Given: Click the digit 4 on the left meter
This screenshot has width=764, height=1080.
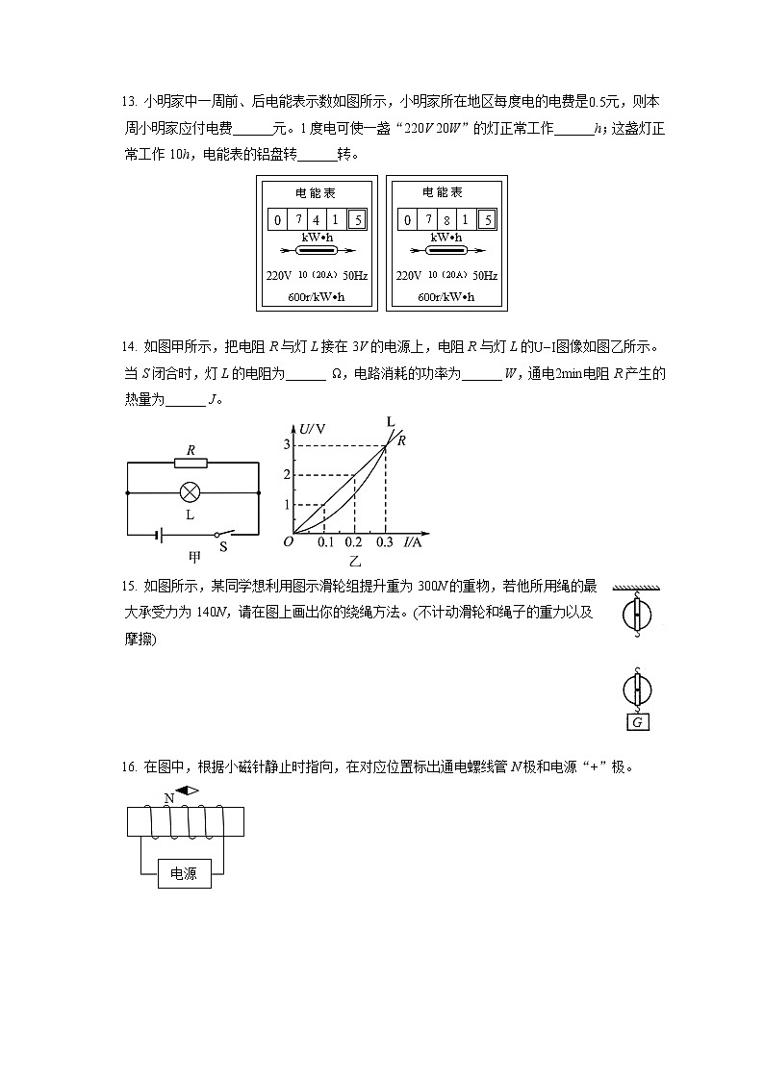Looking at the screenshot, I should click(x=315, y=219).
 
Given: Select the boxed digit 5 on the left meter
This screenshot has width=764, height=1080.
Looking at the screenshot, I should click(x=357, y=219).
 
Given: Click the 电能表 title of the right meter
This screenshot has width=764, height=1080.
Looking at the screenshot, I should click(x=446, y=193).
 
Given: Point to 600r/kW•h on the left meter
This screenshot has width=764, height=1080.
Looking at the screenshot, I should click(x=316, y=296).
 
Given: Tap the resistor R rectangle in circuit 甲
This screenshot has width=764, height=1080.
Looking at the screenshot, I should click(x=191, y=463).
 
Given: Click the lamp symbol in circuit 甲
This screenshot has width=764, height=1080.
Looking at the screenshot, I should click(x=191, y=492).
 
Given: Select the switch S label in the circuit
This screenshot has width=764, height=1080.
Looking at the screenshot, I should click(x=223, y=546).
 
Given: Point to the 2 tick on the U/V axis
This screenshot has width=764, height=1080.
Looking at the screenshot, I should click(x=286, y=475).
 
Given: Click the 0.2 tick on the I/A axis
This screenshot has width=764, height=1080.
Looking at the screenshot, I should click(x=354, y=543).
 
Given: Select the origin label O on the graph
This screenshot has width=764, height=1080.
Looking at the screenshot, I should click(x=287, y=542).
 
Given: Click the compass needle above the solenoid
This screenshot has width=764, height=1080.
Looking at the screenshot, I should click(x=187, y=791).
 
